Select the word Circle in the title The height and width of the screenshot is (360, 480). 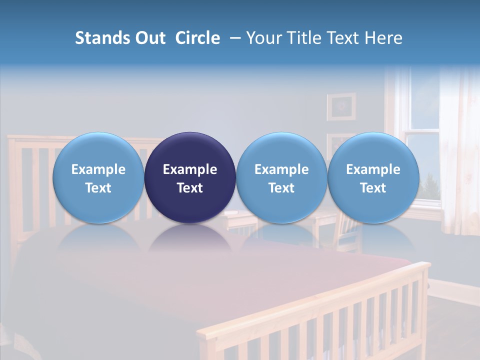(197, 38)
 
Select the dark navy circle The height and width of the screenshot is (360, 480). (190, 177)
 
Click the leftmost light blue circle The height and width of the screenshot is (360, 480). (98, 177)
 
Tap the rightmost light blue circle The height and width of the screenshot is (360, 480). (373, 177)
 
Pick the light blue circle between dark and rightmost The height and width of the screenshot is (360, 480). (281, 177)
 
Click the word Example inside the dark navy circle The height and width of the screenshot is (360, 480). (190, 169)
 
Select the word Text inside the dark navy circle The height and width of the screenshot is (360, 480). (190, 188)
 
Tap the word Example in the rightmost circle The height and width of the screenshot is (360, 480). (373, 169)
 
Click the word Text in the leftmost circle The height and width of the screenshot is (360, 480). (98, 188)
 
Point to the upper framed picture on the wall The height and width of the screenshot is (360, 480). (341, 106)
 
